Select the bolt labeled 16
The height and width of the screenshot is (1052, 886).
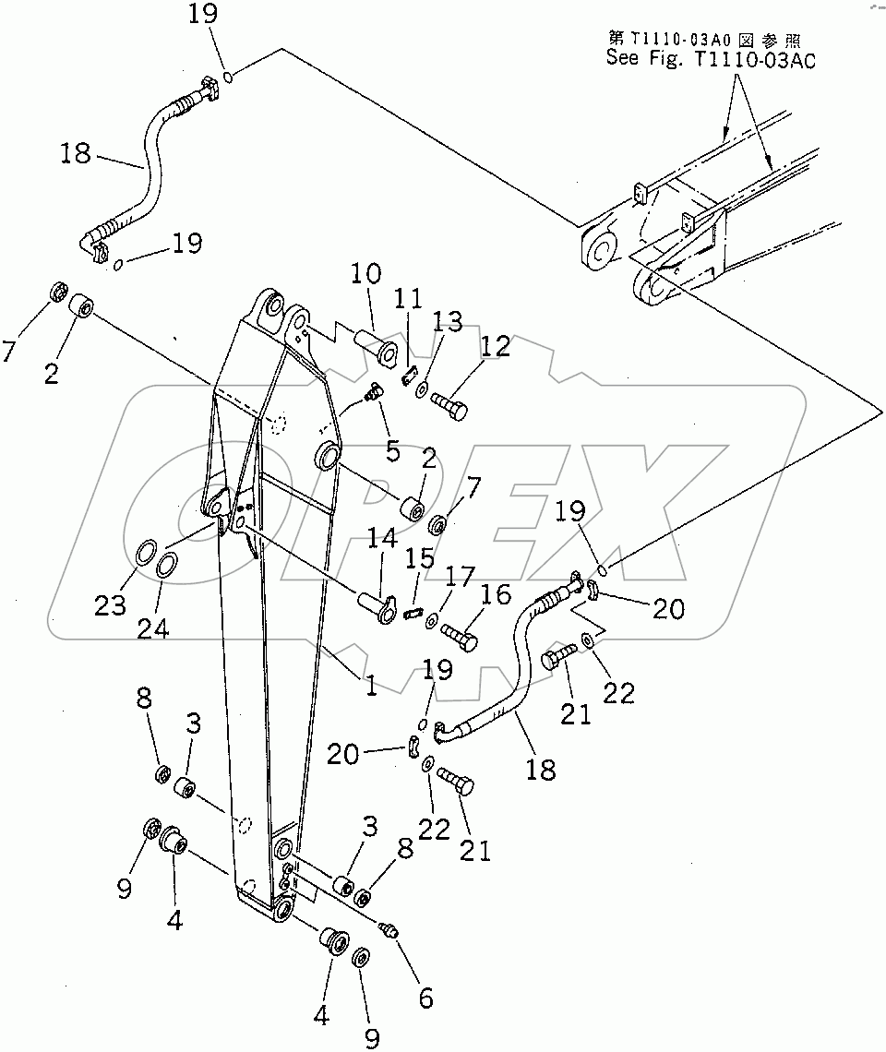pyautogui.click(x=459, y=635)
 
